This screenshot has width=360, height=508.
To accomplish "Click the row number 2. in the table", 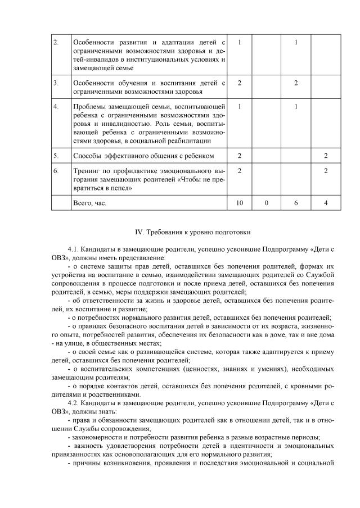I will click(56, 42).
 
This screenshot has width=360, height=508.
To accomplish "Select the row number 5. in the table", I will click(56, 155).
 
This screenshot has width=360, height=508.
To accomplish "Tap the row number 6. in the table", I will click(56, 171).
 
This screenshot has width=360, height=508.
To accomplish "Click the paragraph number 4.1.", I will click(73, 248).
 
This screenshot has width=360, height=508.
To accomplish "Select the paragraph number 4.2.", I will click(73, 403).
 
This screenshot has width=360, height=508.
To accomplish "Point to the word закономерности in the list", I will click(98, 438).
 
